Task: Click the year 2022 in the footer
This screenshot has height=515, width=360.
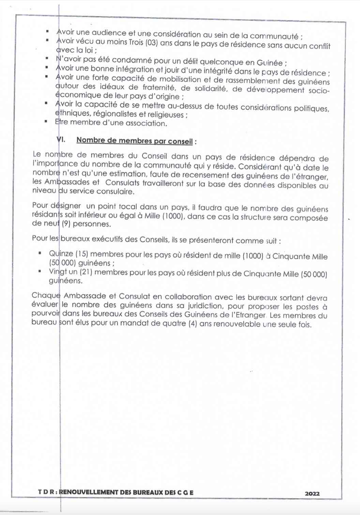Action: coord(312,493)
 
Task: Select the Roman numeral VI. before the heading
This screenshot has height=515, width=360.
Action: coord(60,139)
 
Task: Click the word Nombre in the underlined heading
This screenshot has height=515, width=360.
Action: coord(90,140)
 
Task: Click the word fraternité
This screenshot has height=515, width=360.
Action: coord(157,88)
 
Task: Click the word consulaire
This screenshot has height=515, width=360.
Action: coord(115,191)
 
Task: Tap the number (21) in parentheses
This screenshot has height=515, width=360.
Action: coord(86,272)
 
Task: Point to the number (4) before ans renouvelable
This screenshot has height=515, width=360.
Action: coord(193,323)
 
